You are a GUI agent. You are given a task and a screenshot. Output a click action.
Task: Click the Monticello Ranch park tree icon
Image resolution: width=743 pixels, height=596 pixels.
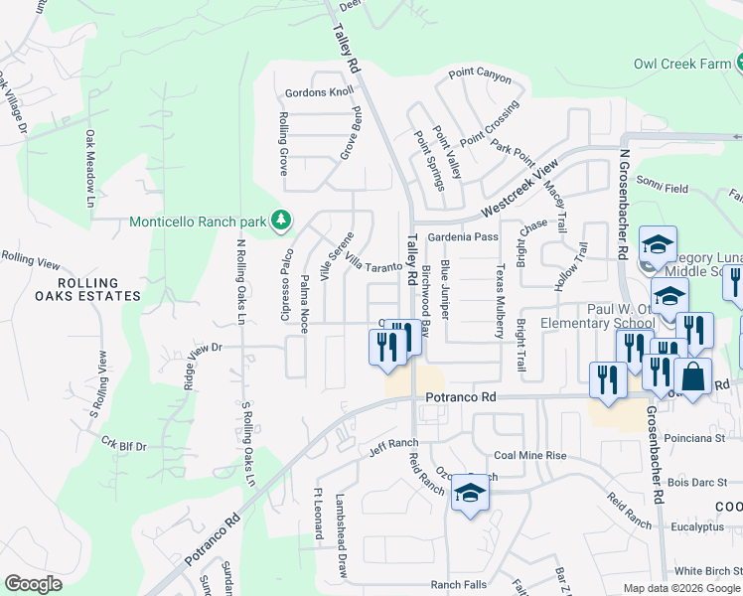point(282,219)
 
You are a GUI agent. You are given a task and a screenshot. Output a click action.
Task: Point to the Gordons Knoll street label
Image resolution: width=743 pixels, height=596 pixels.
point(319,92)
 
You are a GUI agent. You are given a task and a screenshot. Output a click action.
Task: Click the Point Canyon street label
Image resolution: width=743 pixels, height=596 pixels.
point(479,74)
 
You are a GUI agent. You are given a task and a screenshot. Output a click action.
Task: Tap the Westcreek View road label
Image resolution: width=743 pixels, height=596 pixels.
point(514,193)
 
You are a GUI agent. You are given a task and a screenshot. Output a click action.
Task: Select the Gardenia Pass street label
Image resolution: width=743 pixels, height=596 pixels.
point(463,237)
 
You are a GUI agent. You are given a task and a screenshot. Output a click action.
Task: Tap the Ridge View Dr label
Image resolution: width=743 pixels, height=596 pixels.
point(201,348)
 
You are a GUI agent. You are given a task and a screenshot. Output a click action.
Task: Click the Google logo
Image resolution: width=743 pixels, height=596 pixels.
point(33,584)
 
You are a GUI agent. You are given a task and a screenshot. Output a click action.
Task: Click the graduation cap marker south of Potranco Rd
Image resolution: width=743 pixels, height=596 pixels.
point(469,494)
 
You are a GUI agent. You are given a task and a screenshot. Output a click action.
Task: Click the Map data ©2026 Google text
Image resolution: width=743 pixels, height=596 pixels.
point(682,588)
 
